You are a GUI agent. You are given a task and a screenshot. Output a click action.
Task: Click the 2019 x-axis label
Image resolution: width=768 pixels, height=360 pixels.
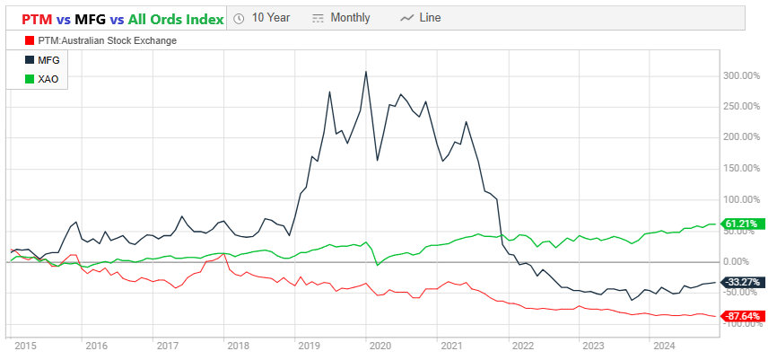(310, 345)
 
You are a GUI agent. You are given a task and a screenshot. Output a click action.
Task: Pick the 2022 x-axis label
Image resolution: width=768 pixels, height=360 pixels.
(521, 345)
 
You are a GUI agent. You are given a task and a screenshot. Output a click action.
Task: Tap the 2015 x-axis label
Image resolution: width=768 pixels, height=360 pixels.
(24, 345)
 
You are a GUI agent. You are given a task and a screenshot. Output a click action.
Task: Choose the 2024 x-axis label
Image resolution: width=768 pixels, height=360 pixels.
(664, 345)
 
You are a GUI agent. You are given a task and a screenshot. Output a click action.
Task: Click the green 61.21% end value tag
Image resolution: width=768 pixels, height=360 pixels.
(741, 224)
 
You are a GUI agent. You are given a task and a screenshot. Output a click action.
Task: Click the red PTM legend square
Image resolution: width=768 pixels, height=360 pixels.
(31, 40)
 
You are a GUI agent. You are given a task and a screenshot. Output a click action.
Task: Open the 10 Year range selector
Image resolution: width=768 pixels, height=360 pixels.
(262, 17)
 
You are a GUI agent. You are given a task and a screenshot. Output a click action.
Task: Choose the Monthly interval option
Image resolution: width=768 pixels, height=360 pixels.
(343, 17)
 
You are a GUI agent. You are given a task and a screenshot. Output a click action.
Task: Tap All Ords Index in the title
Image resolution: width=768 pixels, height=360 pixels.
(177, 18)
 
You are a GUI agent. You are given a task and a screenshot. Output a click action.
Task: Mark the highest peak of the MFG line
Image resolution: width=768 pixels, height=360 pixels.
(365, 72)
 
